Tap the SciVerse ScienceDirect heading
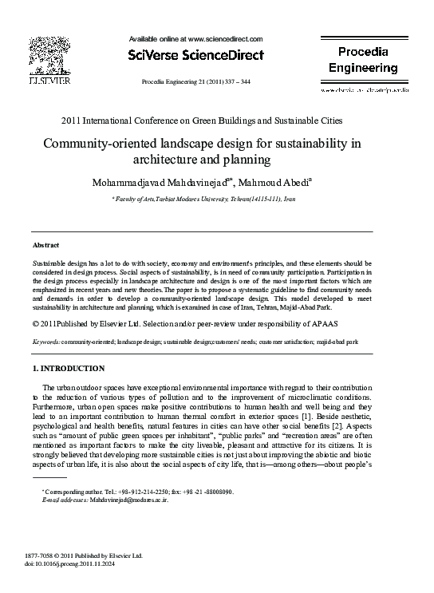[x=195, y=54]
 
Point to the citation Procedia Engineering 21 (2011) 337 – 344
[x=195, y=82]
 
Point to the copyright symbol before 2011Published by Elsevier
[x=36, y=325]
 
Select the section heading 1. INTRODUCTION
[x=68, y=369]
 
